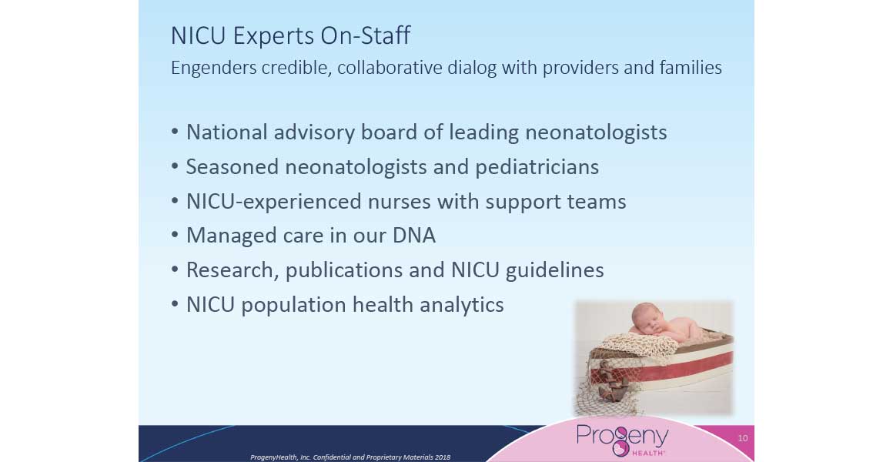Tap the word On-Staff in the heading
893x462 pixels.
click(x=365, y=35)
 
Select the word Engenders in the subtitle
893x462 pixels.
click(x=213, y=69)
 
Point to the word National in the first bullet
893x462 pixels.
click(x=226, y=132)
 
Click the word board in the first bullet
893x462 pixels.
click(x=387, y=132)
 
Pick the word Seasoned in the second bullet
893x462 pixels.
click(x=232, y=167)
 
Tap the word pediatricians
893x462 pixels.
click(x=537, y=168)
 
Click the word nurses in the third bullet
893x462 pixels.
click(x=398, y=202)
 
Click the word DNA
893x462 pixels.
click(x=414, y=236)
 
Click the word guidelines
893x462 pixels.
click(x=555, y=270)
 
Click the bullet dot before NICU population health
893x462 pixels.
click(x=176, y=305)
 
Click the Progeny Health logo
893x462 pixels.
click(x=622, y=439)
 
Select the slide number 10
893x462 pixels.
click(x=743, y=438)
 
